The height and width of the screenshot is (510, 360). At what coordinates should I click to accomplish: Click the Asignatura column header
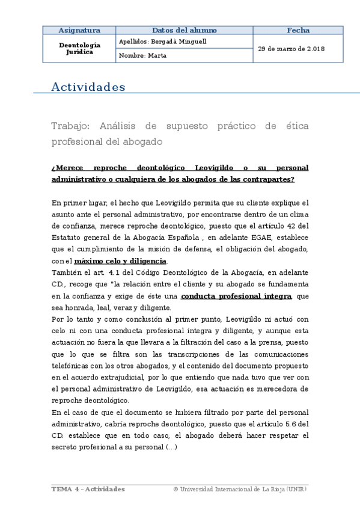point(79,30)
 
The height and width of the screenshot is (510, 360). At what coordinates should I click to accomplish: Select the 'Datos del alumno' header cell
point(184,30)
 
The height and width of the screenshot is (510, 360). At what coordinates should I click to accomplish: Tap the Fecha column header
point(298,30)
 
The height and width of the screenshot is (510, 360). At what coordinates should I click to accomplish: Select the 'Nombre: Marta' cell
point(143,55)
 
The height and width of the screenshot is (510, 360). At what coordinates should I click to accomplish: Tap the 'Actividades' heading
point(88,87)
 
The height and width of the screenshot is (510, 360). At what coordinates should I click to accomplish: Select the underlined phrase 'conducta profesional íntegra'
point(236,296)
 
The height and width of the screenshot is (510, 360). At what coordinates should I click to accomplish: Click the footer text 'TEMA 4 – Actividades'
point(88,489)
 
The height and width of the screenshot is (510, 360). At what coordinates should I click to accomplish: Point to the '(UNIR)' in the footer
point(296,489)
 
